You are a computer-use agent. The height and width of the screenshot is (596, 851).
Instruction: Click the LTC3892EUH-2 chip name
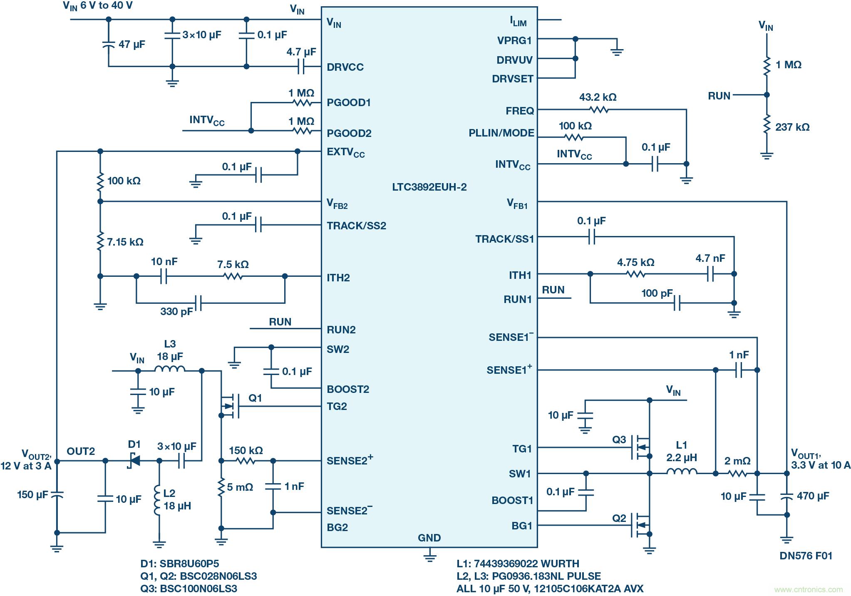pos(429,187)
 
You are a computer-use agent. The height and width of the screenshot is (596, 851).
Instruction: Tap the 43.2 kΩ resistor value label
pos(598,97)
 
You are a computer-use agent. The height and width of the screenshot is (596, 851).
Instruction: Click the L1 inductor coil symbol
pos(682,472)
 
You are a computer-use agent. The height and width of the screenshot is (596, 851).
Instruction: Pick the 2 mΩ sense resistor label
pos(737,461)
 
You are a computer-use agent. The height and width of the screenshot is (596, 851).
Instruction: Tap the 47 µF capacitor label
pos(131,44)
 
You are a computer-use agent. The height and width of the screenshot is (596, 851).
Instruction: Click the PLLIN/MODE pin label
pos(501,133)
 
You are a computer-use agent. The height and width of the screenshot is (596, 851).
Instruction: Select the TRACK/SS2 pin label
pos(356,226)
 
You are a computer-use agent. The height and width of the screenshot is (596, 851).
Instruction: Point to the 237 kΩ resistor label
pos(792,127)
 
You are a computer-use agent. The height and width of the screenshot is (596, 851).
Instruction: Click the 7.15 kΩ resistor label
pos(125,242)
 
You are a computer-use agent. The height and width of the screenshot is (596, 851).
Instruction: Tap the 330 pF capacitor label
pos(176,311)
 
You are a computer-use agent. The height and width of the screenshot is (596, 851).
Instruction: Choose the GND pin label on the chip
pos(429,538)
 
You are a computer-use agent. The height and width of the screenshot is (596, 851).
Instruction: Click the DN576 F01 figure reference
pos(806,556)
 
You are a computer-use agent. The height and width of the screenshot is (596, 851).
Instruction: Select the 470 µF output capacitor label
pos(813,496)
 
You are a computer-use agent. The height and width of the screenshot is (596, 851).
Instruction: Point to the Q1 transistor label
pos(255,398)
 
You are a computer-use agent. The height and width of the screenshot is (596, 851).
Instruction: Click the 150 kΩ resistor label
pos(246,450)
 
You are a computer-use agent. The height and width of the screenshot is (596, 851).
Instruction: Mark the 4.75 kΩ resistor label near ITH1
pos(635,262)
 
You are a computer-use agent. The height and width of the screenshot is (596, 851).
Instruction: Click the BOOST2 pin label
pos(348,389)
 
